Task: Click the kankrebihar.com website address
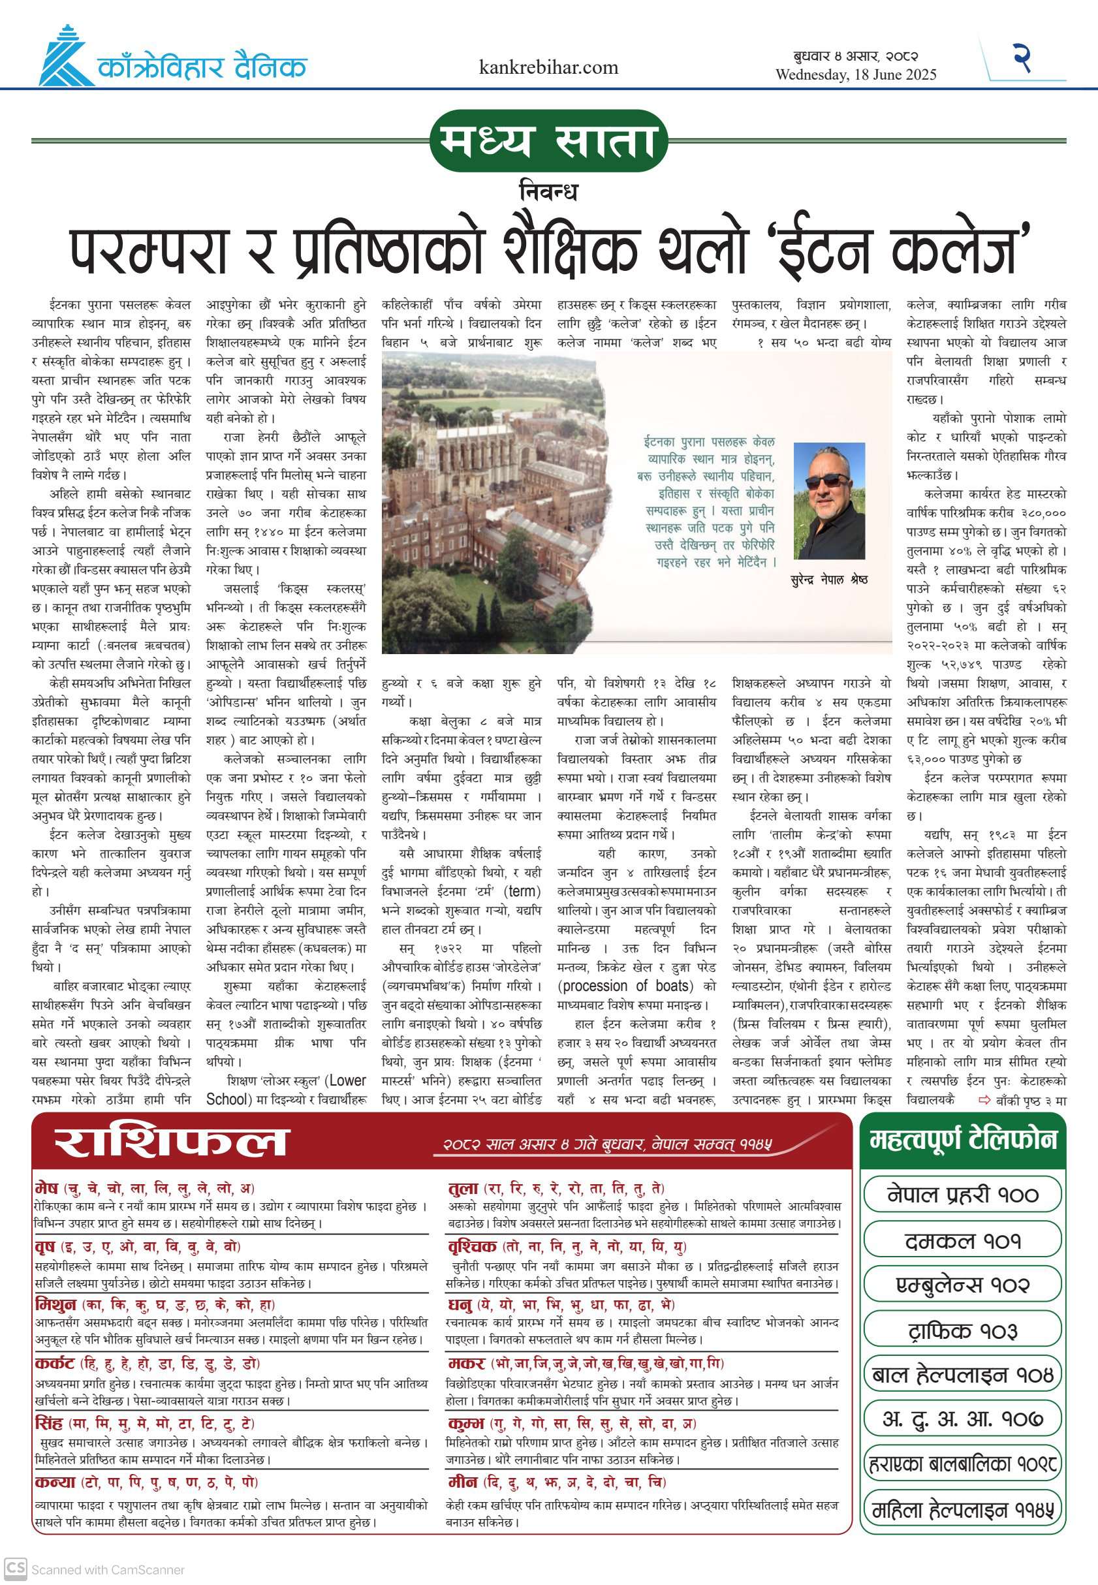(548, 67)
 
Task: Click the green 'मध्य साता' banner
(548, 141)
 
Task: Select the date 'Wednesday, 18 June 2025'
(856, 74)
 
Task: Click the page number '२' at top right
(1022, 58)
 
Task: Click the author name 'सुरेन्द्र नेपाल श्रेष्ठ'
(829, 579)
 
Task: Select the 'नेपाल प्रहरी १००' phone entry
(962, 1194)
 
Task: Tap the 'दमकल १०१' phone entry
(962, 1241)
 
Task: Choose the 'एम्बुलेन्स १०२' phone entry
(962, 1285)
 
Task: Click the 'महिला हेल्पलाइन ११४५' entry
(962, 1511)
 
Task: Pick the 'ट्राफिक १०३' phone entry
(962, 1330)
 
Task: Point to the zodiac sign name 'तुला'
(462, 1188)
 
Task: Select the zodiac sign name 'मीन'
(462, 1481)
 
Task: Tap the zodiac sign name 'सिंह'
(49, 1422)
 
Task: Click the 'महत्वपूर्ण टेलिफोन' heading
(962, 1140)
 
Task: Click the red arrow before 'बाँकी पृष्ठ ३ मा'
(984, 1101)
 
